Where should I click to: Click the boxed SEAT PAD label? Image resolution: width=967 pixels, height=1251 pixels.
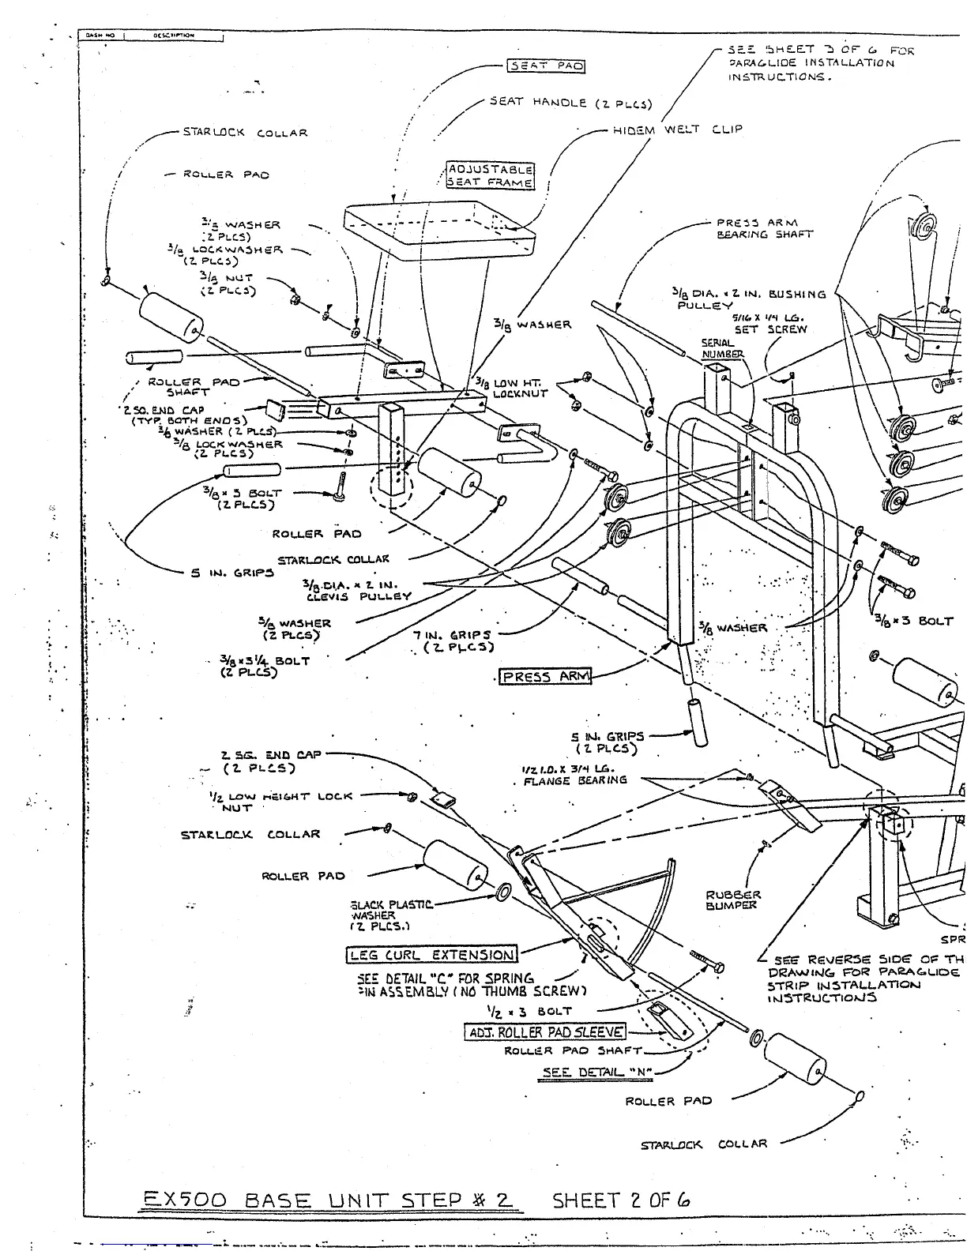click(x=546, y=66)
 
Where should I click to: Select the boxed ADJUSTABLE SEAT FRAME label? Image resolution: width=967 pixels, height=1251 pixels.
click(x=491, y=175)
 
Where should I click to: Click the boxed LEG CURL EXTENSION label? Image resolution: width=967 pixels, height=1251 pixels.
click(x=432, y=955)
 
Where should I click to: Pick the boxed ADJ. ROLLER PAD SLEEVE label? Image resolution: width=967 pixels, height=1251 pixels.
click(x=546, y=1032)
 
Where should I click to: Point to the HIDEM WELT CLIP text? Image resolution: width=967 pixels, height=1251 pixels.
click(x=677, y=130)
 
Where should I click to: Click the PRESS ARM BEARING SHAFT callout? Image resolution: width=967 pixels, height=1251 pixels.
click(x=764, y=228)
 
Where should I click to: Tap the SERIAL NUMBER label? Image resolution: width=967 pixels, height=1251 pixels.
click(x=722, y=349)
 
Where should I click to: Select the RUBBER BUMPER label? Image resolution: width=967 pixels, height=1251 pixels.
click(x=732, y=900)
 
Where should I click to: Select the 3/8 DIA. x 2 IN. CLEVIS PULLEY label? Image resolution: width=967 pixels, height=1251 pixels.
click(x=357, y=590)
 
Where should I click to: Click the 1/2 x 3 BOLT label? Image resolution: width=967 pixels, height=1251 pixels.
click(x=529, y=1011)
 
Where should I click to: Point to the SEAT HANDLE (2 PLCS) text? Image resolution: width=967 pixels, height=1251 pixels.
click(x=570, y=103)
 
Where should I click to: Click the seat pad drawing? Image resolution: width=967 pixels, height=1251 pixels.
click(x=438, y=229)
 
